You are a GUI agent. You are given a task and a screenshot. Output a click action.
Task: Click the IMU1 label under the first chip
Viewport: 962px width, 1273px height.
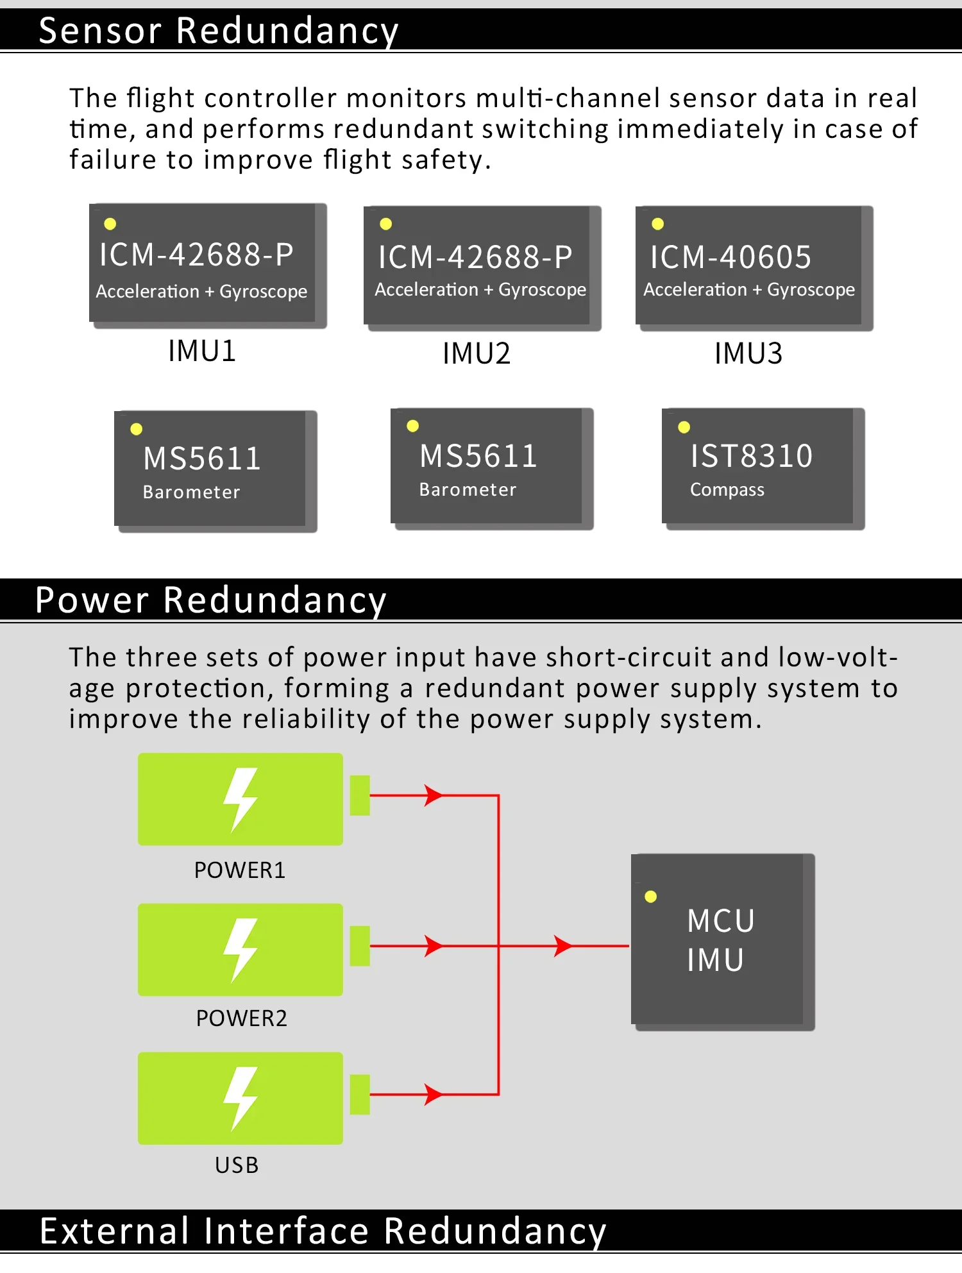point(202,351)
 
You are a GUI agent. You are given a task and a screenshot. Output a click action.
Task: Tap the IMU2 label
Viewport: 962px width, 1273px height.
point(477,353)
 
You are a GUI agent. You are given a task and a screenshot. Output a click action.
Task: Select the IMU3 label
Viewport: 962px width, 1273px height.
point(748,353)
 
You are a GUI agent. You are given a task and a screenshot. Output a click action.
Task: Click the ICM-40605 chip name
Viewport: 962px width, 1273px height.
point(730,257)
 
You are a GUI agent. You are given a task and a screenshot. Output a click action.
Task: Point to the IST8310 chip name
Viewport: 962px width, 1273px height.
point(751,456)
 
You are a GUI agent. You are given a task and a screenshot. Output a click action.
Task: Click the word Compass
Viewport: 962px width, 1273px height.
point(727,490)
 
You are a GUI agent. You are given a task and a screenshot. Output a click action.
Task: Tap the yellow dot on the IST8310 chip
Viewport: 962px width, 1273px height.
point(684,427)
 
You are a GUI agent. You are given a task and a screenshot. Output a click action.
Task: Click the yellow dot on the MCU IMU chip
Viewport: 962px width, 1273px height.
point(650,897)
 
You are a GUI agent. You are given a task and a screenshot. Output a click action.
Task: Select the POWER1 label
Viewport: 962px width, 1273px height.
point(239,870)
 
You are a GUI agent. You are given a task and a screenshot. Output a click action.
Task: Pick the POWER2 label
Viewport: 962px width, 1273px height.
point(241,1018)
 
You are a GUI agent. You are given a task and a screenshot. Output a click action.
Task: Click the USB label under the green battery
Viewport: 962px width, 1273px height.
point(237,1165)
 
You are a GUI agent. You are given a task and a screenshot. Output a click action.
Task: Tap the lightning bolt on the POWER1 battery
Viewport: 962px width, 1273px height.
point(240,799)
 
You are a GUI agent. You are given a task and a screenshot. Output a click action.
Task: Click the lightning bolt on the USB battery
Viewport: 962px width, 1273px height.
point(240,1098)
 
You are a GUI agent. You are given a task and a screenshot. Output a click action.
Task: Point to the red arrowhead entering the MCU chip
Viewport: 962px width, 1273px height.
point(562,946)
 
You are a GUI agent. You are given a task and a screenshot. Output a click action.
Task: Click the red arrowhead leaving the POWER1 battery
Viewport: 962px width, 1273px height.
point(434,795)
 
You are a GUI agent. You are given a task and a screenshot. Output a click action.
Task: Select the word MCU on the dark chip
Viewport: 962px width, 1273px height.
point(721,921)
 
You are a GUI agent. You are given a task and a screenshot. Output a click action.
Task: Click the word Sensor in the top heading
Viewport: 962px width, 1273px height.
point(100,31)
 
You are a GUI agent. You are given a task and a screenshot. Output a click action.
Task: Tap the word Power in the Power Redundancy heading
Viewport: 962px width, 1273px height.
point(92,600)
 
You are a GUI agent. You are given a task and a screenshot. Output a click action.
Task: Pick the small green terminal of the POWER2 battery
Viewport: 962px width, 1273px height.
point(360,946)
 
